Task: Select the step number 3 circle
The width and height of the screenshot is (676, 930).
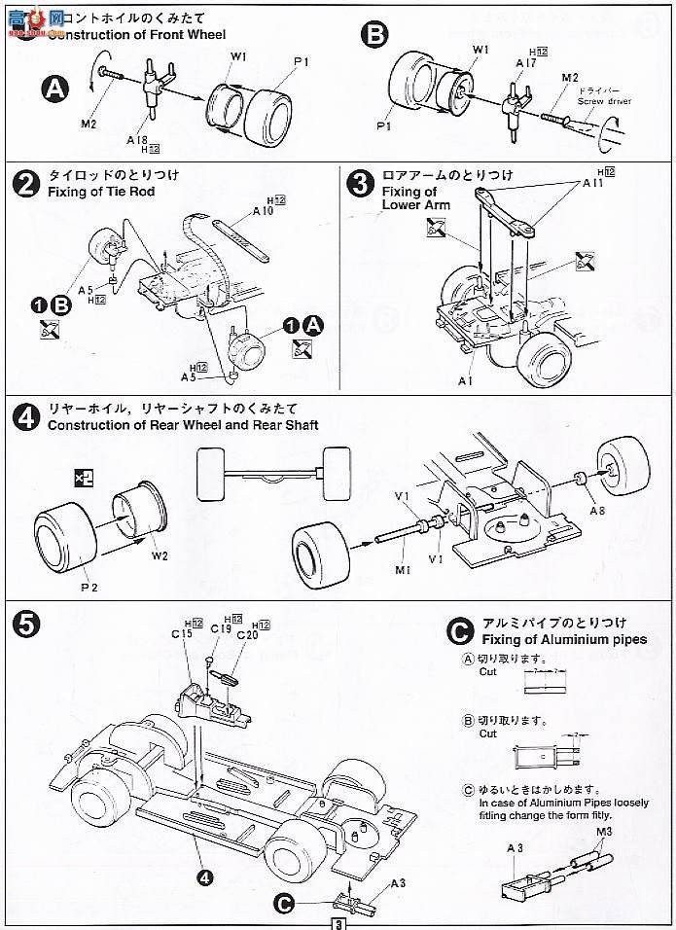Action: coord(359,183)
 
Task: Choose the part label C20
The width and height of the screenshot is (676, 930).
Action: coord(247,634)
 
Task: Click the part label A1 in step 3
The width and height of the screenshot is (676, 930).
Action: coord(467,380)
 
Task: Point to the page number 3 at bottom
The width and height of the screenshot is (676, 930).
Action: coord(338,922)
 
